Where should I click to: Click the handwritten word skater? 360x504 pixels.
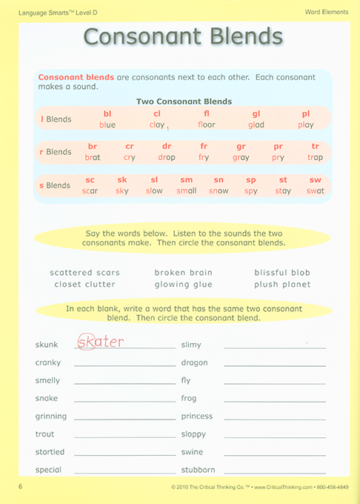tap(101, 342)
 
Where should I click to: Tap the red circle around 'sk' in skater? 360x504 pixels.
tap(86, 342)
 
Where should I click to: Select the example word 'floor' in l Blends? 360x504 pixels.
tap(207, 125)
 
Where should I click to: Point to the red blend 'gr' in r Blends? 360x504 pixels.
tap(241, 147)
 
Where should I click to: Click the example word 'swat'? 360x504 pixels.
tap(316, 191)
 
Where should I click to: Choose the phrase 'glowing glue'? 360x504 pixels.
tap(183, 285)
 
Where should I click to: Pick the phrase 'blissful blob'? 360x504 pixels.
tap(281, 273)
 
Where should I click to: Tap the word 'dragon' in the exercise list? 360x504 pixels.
tap(194, 363)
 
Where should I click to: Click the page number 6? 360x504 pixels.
tap(21, 485)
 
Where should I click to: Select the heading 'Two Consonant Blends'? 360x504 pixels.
tap(184, 102)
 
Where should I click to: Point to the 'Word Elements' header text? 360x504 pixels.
tap(327, 11)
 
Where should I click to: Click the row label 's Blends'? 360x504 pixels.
tap(55, 185)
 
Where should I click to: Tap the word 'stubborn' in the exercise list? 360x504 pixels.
tap(198, 470)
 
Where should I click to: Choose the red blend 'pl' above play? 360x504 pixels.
tap(306, 113)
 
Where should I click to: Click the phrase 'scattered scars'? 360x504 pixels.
tap(84, 273)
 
